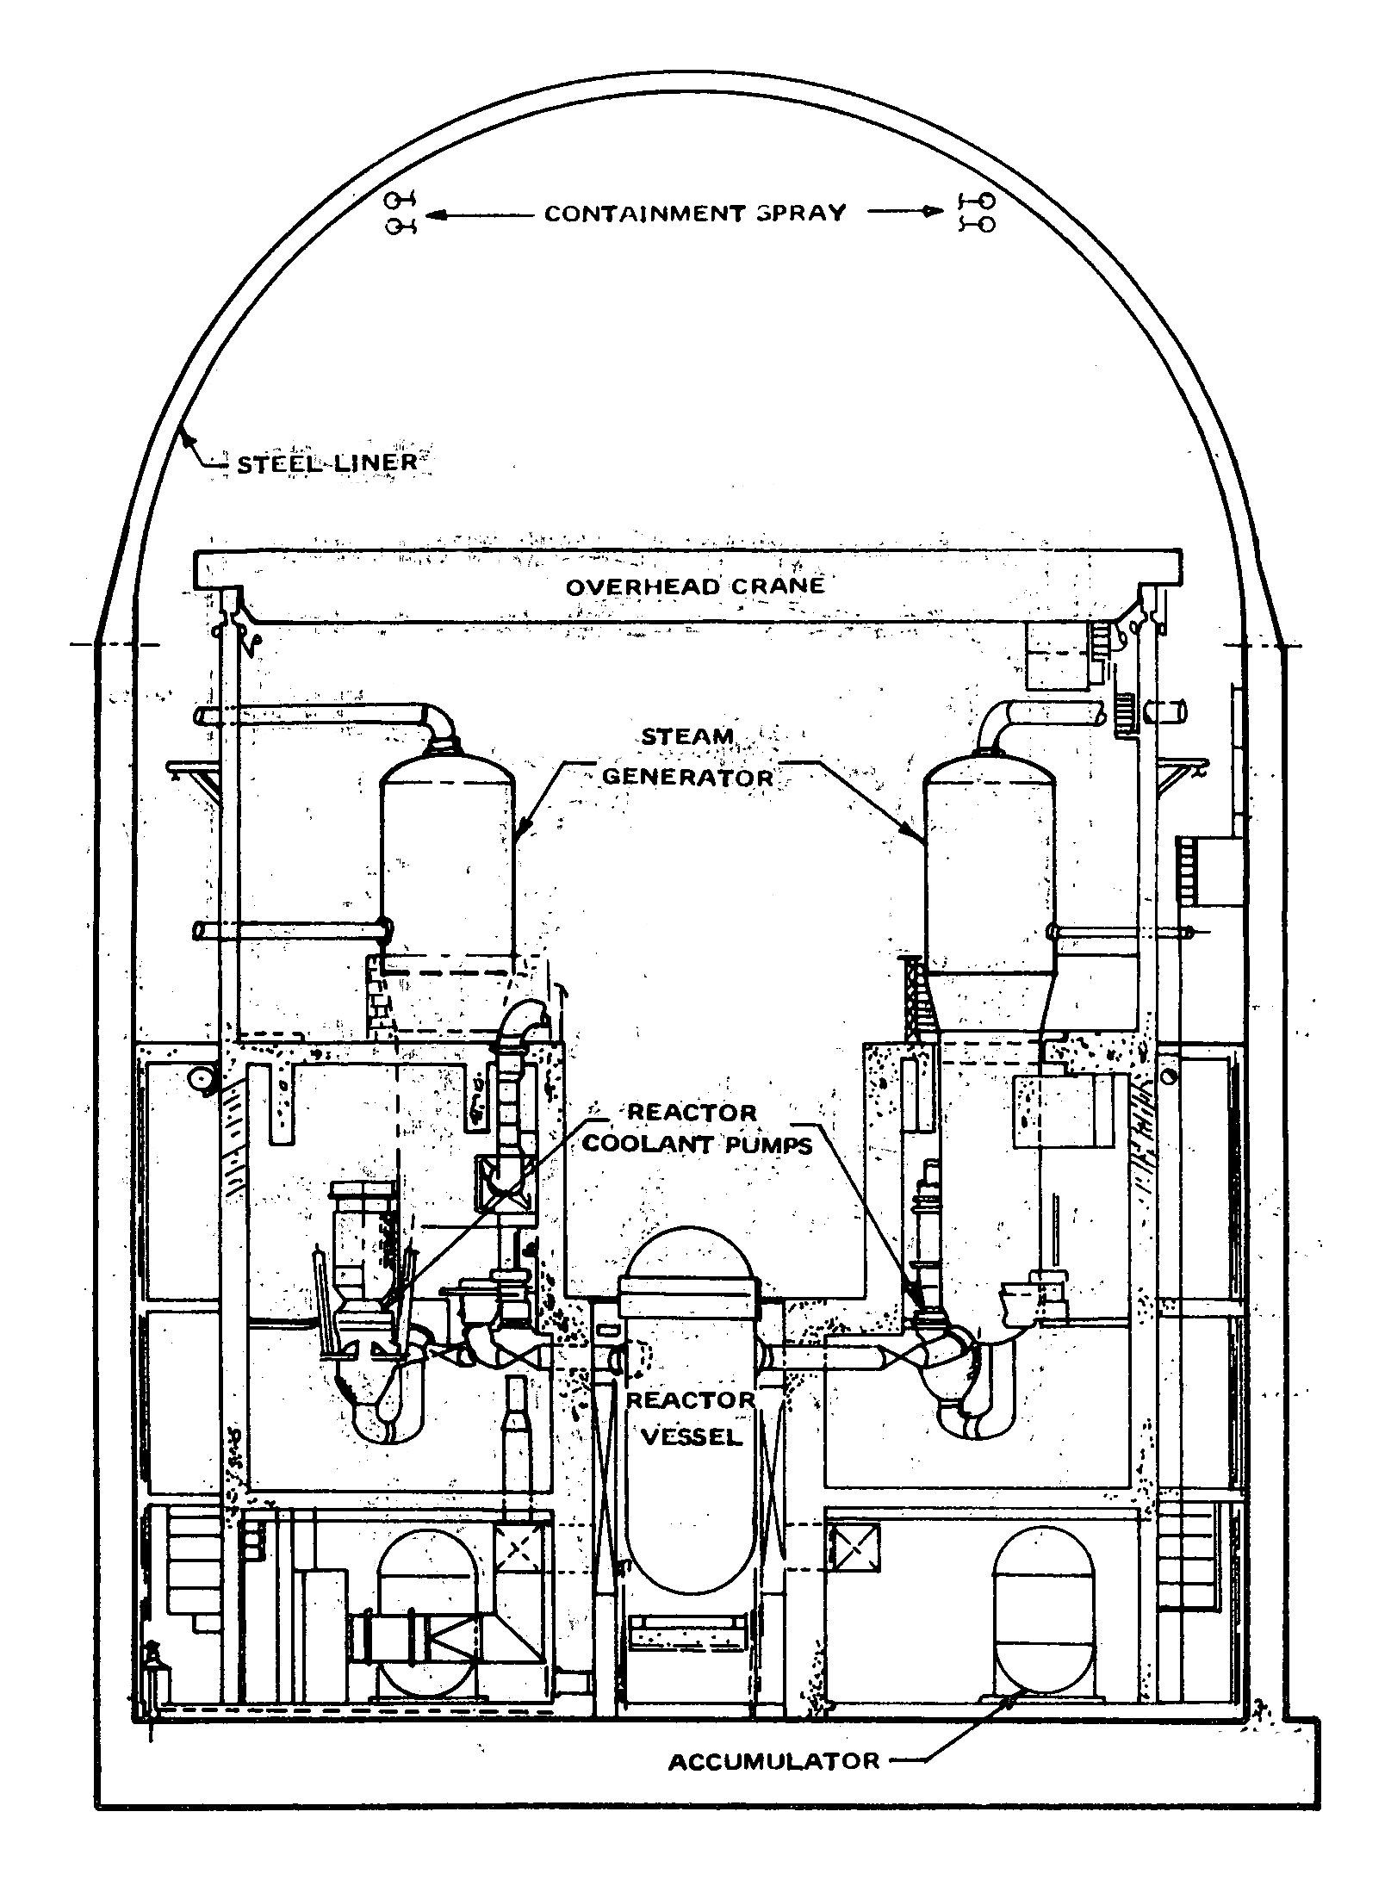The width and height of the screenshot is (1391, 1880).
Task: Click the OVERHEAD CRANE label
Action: pos(694,586)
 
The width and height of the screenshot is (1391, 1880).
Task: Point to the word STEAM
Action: pos(686,737)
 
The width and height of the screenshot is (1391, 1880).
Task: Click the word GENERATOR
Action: pos(686,777)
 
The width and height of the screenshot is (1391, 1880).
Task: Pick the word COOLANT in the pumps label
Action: pos(637,1145)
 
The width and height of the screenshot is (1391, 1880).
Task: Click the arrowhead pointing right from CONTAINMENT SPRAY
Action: pos(939,212)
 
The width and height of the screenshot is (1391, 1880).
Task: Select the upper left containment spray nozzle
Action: pos(396,201)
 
